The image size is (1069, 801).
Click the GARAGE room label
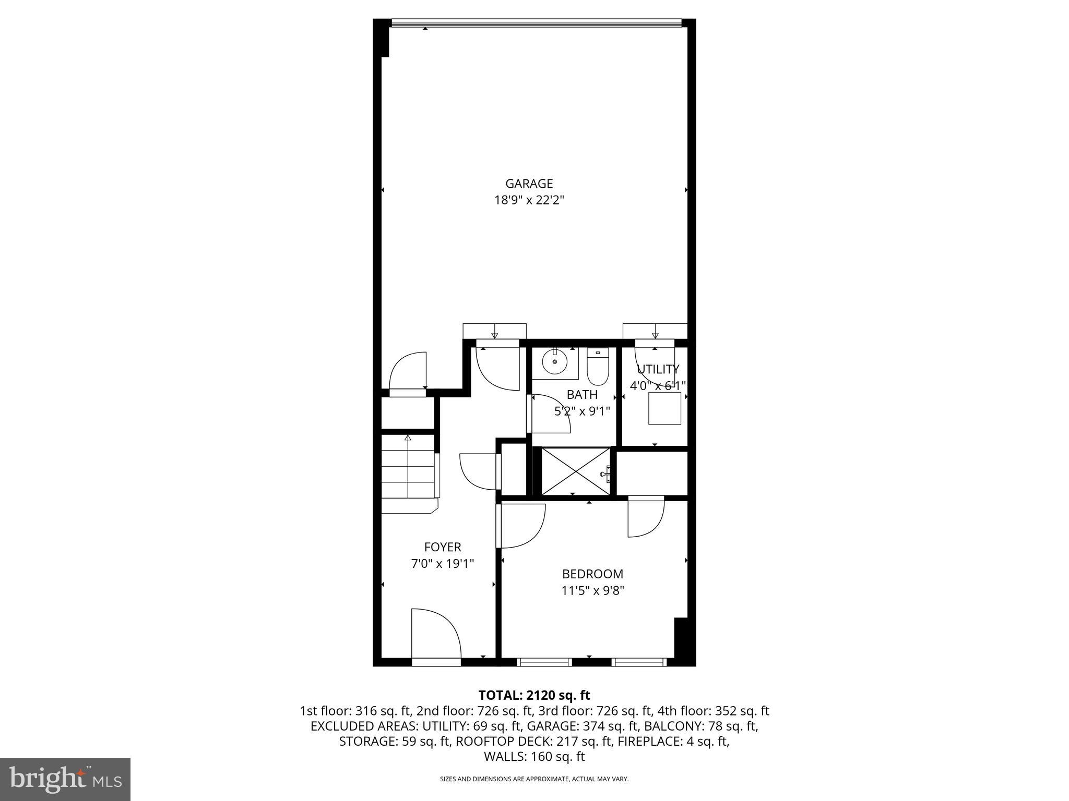click(x=529, y=184)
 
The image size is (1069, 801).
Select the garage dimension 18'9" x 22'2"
click(x=529, y=200)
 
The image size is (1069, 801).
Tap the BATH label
click(x=582, y=395)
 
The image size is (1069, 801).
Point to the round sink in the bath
click(x=554, y=361)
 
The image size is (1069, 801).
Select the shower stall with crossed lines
click(x=574, y=471)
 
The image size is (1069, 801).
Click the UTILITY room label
click(x=658, y=369)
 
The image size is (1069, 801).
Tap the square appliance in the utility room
click(x=664, y=408)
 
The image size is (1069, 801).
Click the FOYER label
click(x=443, y=547)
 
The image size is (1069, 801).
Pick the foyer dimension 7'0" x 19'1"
click(x=443, y=564)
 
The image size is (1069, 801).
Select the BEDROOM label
click(x=592, y=574)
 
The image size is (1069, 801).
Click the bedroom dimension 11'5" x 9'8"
click(x=592, y=591)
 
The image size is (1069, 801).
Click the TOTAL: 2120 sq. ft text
click(x=534, y=695)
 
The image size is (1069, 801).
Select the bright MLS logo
click(x=65, y=779)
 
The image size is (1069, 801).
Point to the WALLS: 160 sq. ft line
click(x=534, y=757)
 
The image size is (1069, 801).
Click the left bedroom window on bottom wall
click(x=544, y=662)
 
